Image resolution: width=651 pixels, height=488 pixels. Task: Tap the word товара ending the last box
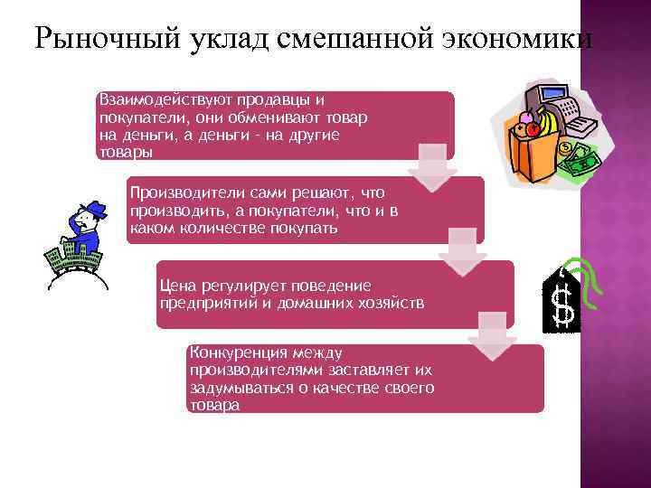[x=214, y=406]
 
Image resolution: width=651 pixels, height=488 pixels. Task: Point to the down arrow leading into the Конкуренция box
[x=492, y=330]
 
